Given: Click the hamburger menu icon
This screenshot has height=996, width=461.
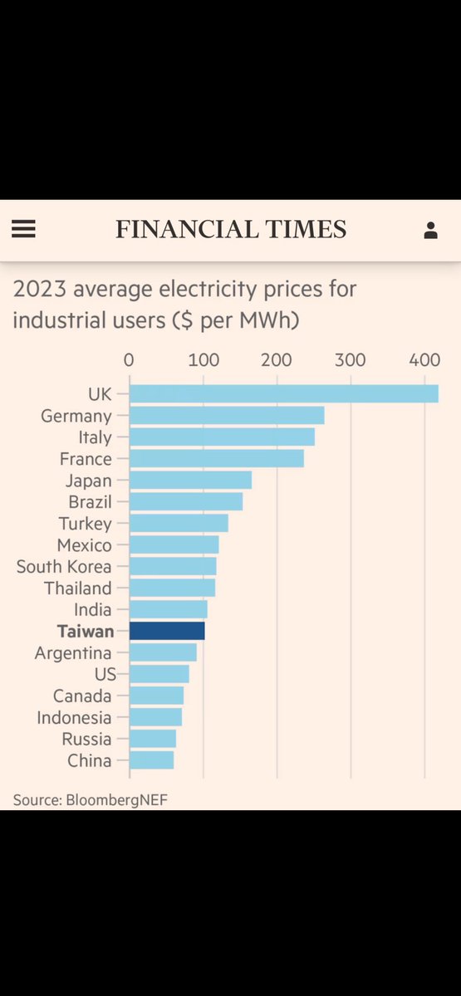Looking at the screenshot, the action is (23, 229).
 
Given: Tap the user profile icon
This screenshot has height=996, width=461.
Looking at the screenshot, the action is (430, 231).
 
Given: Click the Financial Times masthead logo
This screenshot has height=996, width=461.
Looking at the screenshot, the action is (231, 229).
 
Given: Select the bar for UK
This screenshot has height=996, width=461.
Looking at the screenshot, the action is (284, 394).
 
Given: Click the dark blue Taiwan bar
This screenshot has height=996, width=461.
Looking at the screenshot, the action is (167, 631).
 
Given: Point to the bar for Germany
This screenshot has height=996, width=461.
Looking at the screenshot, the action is (227, 415).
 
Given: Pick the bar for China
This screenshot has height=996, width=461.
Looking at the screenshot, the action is (152, 760).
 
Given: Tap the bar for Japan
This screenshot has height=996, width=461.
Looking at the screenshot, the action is (191, 481).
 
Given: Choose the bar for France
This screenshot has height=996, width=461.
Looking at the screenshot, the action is (217, 458).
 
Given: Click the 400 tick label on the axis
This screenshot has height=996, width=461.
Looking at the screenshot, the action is (424, 360).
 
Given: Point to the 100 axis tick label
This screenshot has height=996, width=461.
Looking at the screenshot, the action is (204, 360).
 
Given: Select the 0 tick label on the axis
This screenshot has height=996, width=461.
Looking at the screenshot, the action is (129, 360).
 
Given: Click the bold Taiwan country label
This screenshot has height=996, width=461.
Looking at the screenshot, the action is (86, 632).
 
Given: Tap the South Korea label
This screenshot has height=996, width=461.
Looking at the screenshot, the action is (64, 566).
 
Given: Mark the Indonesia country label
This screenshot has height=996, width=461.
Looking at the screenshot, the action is (74, 718).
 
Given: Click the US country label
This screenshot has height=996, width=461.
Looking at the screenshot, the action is (105, 675).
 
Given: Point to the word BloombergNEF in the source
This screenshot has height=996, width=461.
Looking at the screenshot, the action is (116, 800).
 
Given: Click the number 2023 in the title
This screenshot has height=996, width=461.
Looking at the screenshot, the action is (40, 289).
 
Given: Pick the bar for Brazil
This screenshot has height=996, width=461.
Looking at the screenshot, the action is (186, 501).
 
